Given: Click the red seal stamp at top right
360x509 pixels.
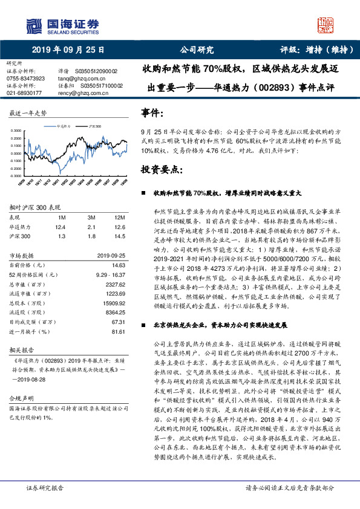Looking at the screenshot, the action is pyautogui.click(x=325, y=25).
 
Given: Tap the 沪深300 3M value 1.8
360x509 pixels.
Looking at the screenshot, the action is pyautogui.click(x=91, y=236).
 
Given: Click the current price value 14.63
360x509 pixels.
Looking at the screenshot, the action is pyautogui.click(x=118, y=265).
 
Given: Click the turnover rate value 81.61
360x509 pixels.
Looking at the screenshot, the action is pyautogui.click(x=118, y=331).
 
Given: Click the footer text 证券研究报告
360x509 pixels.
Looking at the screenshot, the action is pyautogui.click(x=45, y=487).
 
